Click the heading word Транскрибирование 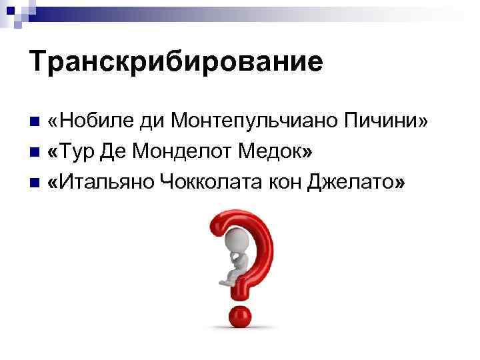pyautogui.click(x=176, y=62)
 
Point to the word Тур pyautogui.click(x=78, y=153)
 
